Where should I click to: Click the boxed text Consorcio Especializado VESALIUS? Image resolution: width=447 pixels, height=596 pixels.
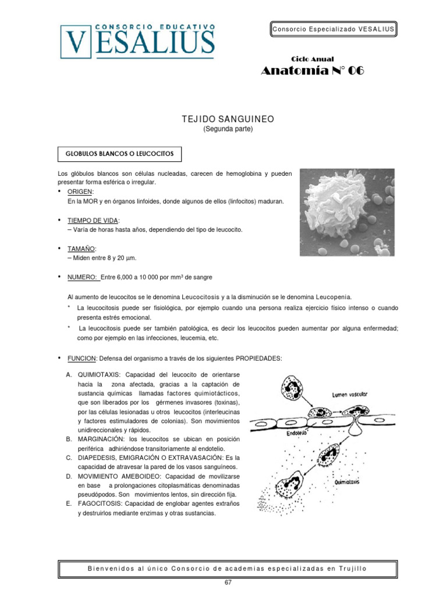(334, 29)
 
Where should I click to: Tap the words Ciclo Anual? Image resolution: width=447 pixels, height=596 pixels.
(312, 59)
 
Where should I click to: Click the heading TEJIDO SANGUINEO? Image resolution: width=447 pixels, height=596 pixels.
(228, 119)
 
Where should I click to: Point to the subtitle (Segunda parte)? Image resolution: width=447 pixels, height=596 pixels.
(228, 129)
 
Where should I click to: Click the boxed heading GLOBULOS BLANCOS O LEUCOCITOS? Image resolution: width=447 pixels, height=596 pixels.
(119, 154)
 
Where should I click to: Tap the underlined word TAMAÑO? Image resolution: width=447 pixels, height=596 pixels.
(81, 249)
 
